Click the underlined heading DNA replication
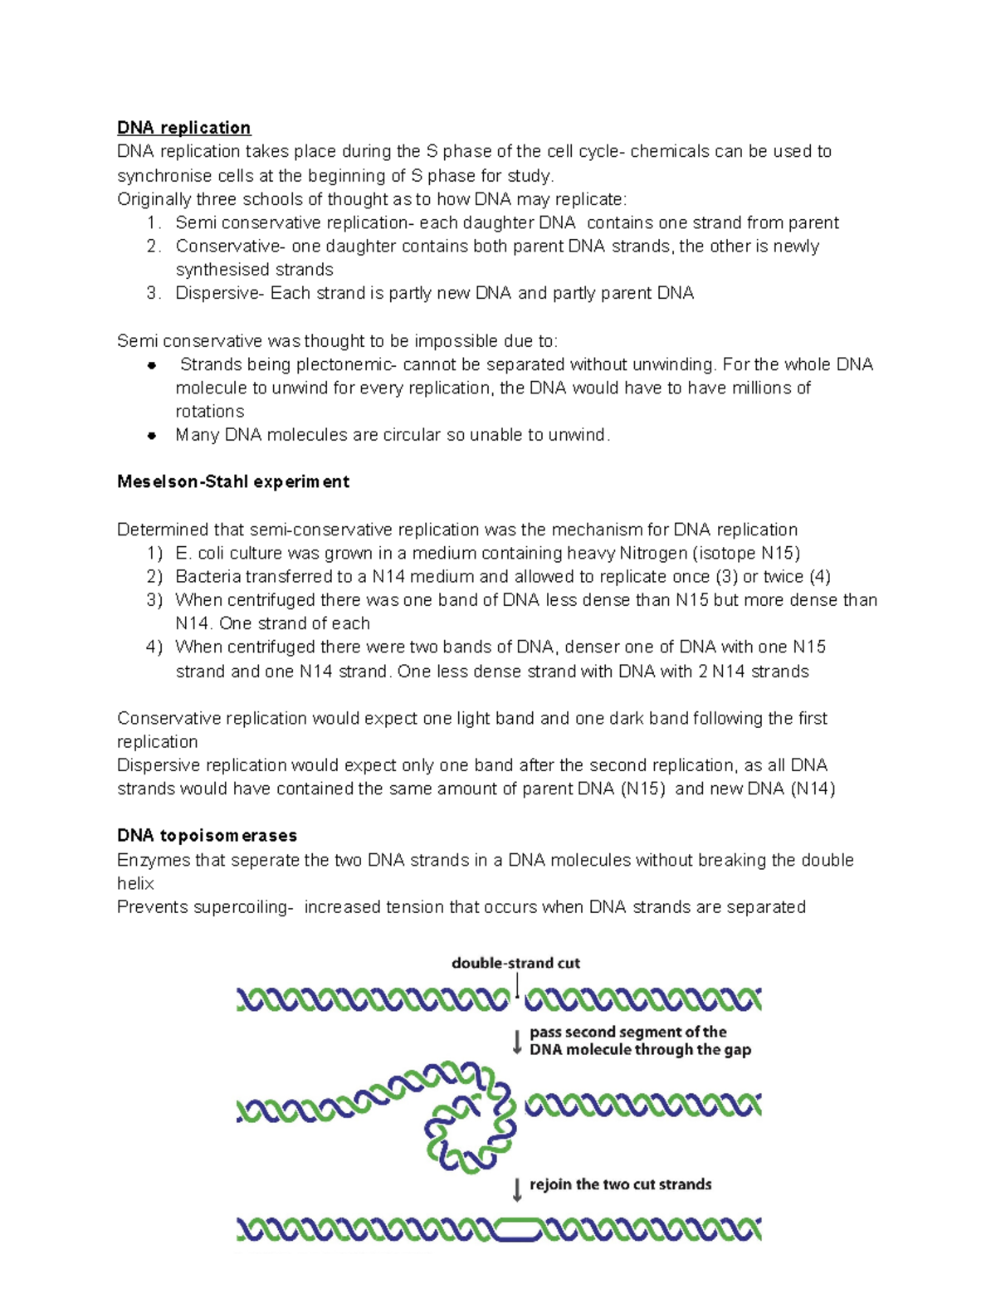click(183, 128)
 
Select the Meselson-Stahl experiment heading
click(232, 482)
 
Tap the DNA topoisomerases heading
click(207, 836)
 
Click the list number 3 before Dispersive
click(152, 293)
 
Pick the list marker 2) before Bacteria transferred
click(154, 577)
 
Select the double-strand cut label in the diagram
click(515, 964)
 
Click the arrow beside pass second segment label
click(517, 1042)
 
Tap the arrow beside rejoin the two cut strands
click(517, 1189)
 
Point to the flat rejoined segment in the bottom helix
click(517, 1229)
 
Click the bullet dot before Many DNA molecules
click(152, 435)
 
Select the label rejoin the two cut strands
click(620, 1185)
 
